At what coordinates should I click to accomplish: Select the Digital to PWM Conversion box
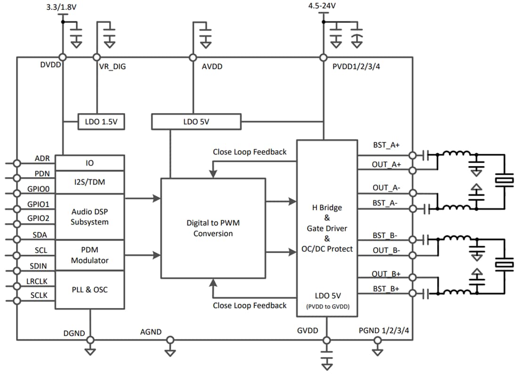click(213, 228)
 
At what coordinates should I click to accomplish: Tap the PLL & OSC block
click(89, 290)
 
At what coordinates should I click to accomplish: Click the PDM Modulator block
click(89, 255)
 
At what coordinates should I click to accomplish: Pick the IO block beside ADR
click(89, 163)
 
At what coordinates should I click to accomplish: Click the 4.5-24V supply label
click(323, 6)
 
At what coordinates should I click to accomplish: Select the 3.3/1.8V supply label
click(62, 7)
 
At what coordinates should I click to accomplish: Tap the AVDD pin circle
click(193, 58)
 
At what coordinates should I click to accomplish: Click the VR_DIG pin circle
click(97, 58)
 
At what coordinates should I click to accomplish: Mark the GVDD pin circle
click(326, 340)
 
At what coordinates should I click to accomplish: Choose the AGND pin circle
click(170, 340)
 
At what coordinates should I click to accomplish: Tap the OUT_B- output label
click(386, 250)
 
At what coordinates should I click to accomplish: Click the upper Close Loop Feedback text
click(249, 152)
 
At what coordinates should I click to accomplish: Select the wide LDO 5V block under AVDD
click(196, 122)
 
